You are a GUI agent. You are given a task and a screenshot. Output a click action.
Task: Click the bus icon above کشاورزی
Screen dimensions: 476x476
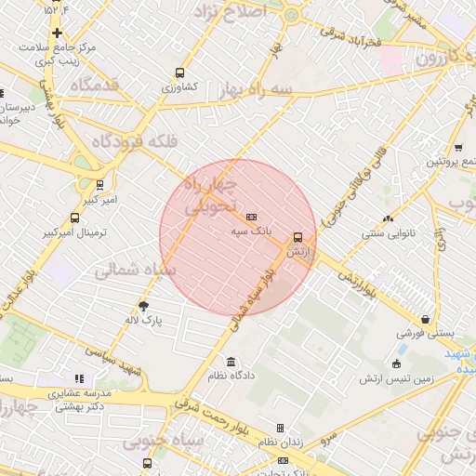(x=179, y=73)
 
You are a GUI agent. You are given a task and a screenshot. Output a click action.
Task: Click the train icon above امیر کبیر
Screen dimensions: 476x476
(x=99, y=184)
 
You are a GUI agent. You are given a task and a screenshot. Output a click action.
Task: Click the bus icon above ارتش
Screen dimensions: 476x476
(x=297, y=237)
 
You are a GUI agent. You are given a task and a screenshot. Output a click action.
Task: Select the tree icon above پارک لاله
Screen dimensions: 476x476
(x=144, y=305)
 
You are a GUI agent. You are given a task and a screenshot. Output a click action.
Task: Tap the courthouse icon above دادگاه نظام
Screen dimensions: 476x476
(x=231, y=362)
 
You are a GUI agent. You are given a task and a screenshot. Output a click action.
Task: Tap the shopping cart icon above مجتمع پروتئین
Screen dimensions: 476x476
(x=458, y=147)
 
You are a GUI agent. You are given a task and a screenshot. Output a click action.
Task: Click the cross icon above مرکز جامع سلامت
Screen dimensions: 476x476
(x=58, y=33)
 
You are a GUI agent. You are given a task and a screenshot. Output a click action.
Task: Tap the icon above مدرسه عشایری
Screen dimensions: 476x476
(x=79, y=378)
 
